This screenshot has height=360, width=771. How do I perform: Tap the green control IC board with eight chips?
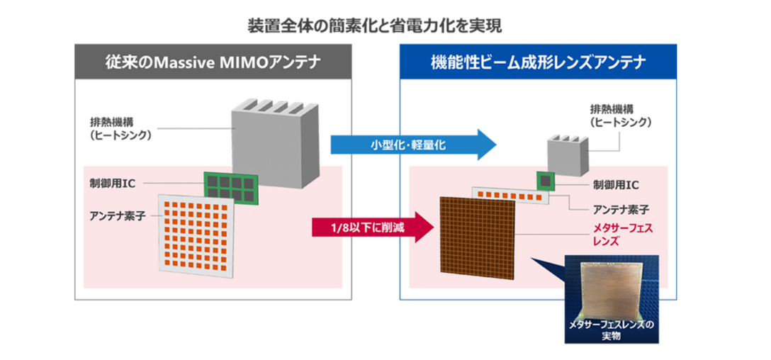[230, 186]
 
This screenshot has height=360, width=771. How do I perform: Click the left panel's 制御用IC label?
[113, 182]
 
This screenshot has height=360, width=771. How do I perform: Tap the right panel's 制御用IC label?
[615, 185]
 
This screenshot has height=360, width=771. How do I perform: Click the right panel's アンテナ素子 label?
[620, 209]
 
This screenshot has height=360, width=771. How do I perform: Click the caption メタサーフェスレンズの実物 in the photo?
[611, 330]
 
